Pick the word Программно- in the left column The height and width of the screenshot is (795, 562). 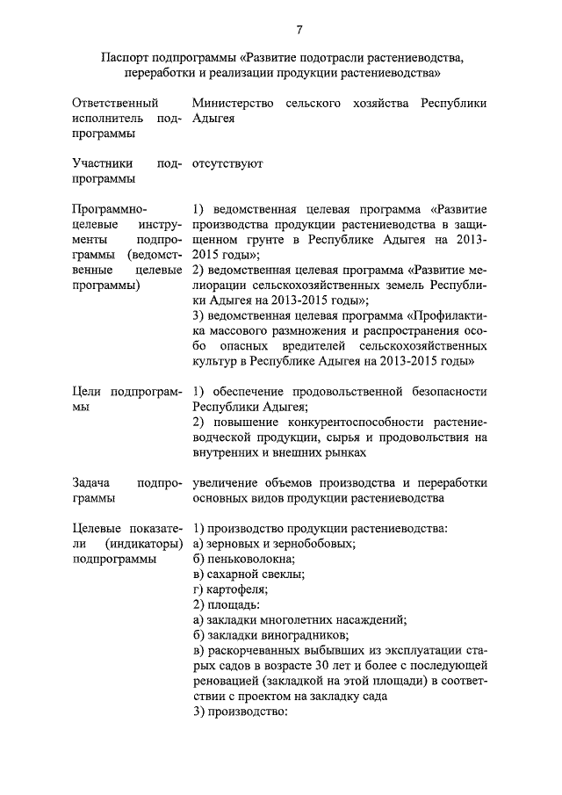coord(110,209)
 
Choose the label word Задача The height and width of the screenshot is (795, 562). coord(91,482)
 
